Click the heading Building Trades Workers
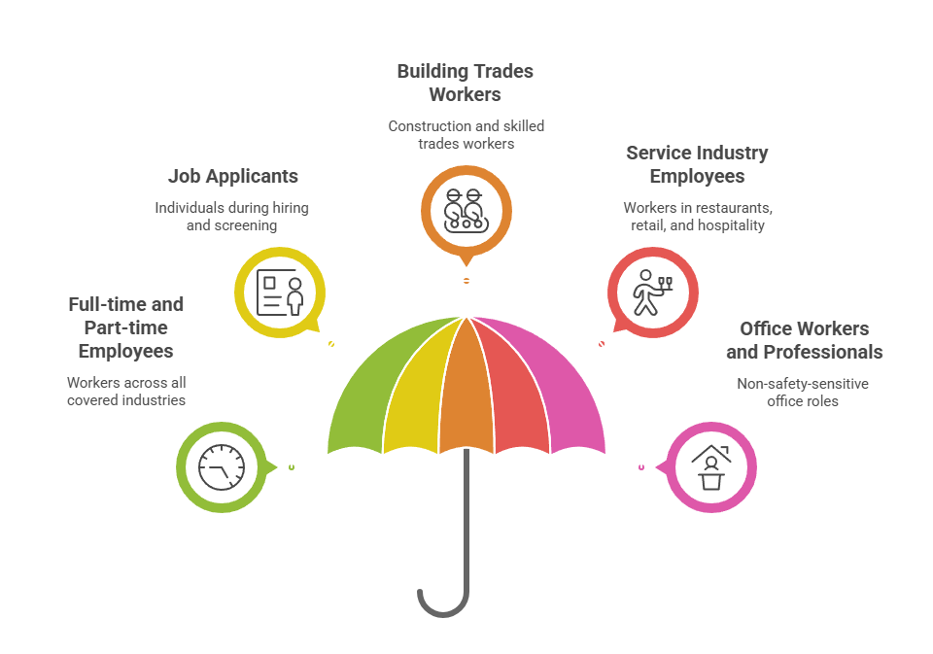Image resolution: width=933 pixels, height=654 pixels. pyautogui.click(x=466, y=83)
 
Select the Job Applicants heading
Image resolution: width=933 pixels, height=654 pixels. pyautogui.click(x=232, y=176)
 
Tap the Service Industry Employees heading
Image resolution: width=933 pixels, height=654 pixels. pyautogui.click(x=697, y=164)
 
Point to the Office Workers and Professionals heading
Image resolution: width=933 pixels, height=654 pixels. pyautogui.click(x=804, y=340)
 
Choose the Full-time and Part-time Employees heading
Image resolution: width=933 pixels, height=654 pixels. pyautogui.click(x=126, y=327)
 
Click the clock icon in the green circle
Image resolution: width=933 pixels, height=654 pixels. pyautogui.click(x=222, y=467)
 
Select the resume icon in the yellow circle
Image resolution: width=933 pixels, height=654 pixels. pyautogui.click(x=280, y=293)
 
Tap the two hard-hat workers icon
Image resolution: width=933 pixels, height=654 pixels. pyautogui.click(x=466, y=211)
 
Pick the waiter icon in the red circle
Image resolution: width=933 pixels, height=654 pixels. pyautogui.click(x=653, y=293)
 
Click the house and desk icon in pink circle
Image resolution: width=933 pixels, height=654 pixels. pyautogui.click(x=711, y=467)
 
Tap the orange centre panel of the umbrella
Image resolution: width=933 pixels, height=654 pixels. pyautogui.click(x=466, y=393)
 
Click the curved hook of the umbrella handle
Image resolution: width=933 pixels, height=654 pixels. pyautogui.click(x=443, y=613)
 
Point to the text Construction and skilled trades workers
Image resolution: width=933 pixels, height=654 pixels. pyautogui.click(x=466, y=135)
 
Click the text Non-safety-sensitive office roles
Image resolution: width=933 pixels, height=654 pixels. pyautogui.click(x=803, y=393)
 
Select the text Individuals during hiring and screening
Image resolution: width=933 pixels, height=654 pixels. pyautogui.click(x=232, y=217)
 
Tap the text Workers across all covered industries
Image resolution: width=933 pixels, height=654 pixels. pyautogui.click(x=126, y=391)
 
